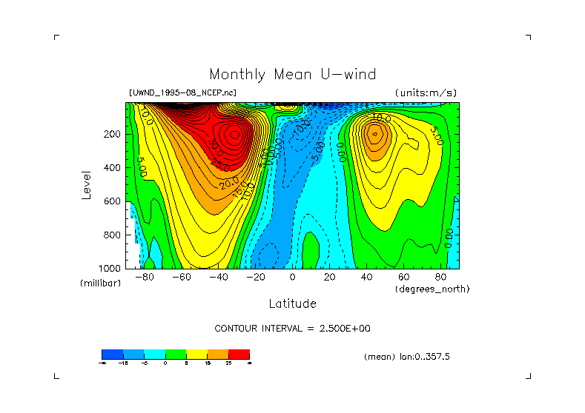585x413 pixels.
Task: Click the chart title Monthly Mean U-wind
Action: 292,75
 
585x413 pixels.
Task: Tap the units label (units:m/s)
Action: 426,93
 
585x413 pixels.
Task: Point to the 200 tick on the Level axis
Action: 113,135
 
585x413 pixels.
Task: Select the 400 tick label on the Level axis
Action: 113,168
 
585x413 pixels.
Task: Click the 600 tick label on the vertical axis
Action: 113,201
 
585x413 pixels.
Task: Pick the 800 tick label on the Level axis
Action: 113,235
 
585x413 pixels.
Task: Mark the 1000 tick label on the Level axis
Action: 111,268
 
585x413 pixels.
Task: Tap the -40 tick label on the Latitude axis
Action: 217,278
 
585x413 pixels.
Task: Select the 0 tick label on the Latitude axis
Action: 292,278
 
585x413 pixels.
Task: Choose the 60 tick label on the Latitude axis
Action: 403,278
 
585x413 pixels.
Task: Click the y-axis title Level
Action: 87,185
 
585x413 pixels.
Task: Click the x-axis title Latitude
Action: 292,303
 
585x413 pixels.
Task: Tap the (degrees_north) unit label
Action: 432,289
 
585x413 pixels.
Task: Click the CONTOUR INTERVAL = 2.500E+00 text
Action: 292,328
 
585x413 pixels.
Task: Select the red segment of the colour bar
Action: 239,354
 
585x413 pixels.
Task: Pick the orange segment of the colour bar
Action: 217,354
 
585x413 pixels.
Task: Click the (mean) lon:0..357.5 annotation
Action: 406,357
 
